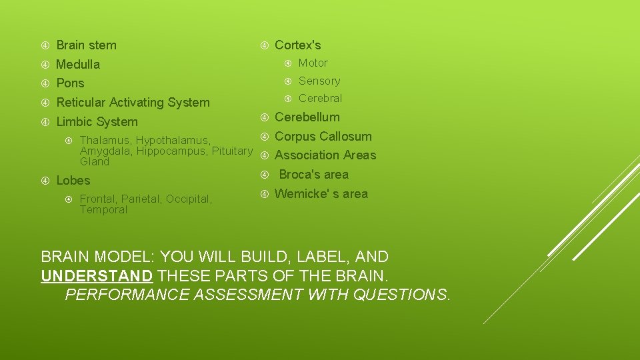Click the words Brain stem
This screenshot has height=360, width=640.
click(x=86, y=45)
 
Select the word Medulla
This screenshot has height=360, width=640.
click(x=78, y=65)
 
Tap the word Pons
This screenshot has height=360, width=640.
click(x=70, y=83)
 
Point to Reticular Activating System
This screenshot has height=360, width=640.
click(x=133, y=103)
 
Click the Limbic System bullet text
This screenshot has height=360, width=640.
click(x=97, y=122)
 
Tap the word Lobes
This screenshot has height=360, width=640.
click(x=73, y=181)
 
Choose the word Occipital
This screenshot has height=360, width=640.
click(x=189, y=199)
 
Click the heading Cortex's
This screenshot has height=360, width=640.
click(x=297, y=45)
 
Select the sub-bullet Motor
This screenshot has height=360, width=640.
click(x=313, y=63)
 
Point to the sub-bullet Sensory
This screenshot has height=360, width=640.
click(x=319, y=81)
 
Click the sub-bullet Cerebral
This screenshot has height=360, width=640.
click(x=320, y=99)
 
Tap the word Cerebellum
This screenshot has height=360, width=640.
click(x=307, y=117)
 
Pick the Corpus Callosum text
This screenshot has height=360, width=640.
click(x=323, y=137)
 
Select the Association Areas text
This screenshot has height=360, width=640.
click(x=325, y=155)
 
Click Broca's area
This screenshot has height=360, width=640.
click(x=313, y=175)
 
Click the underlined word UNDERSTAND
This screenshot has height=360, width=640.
click(x=97, y=275)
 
